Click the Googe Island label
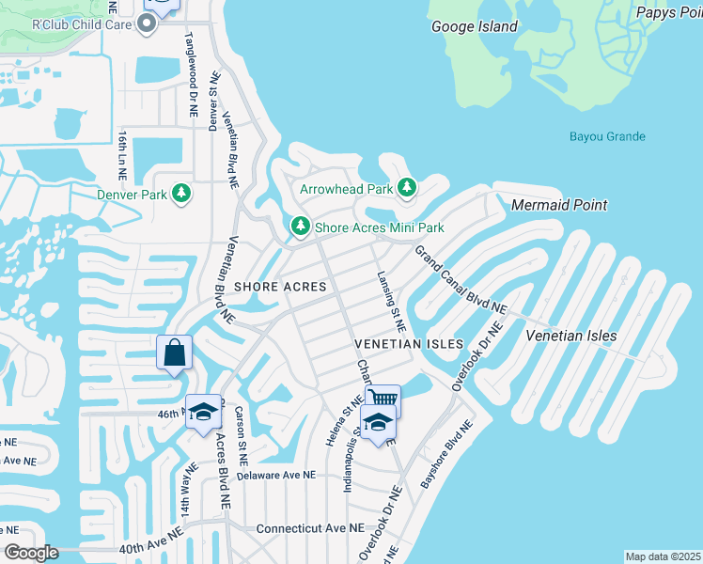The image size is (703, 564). tap(475, 26)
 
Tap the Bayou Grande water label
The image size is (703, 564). tap(607, 136)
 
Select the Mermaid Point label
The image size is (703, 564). tap(559, 205)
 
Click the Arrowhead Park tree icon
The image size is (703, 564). tap(407, 188)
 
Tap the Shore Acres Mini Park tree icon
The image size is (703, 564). tap(300, 227)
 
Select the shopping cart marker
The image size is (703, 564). tap(383, 400)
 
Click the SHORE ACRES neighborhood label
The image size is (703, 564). tap(280, 286)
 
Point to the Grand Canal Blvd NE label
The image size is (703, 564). tap(461, 280)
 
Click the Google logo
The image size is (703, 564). tap(31, 553)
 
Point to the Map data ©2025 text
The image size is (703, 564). tap(663, 556)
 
